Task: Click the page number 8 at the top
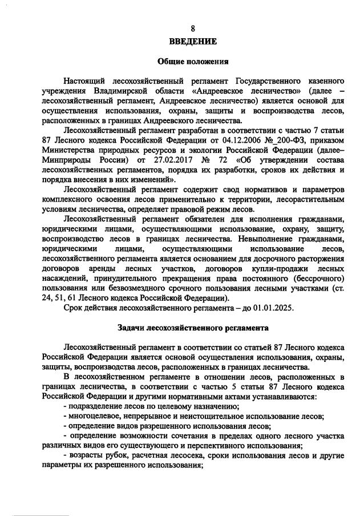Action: pyautogui.click(x=192, y=29)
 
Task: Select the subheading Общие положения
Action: pyautogui.click(x=192, y=62)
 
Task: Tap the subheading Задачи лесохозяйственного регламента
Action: pyautogui.click(x=192, y=328)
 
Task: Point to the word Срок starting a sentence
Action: pyautogui.click(x=76, y=308)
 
